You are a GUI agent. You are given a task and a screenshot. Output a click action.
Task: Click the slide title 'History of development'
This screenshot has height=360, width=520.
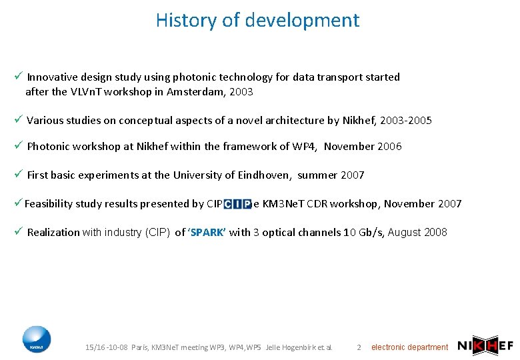(257, 20)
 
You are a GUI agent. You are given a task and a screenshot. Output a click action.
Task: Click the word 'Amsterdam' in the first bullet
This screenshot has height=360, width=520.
(197, 92)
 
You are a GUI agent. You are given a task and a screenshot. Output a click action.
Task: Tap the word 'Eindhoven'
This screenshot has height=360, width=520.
(257, 175)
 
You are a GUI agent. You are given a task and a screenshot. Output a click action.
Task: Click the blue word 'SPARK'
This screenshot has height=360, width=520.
(208, 233)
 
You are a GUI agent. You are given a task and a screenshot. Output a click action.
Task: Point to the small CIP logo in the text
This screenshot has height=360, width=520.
(237, 204)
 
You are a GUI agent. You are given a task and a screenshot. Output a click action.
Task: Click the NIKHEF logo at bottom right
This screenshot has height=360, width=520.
(485, 345)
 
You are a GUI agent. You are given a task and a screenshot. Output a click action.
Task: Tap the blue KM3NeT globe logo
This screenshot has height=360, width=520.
(36, 339)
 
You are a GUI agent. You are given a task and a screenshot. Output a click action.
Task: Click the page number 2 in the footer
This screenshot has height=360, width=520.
(359, 347)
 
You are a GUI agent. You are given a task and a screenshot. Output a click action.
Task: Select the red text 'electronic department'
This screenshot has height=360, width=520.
(409, 347)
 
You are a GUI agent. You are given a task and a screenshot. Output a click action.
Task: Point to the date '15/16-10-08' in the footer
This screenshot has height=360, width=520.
(107, 347)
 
